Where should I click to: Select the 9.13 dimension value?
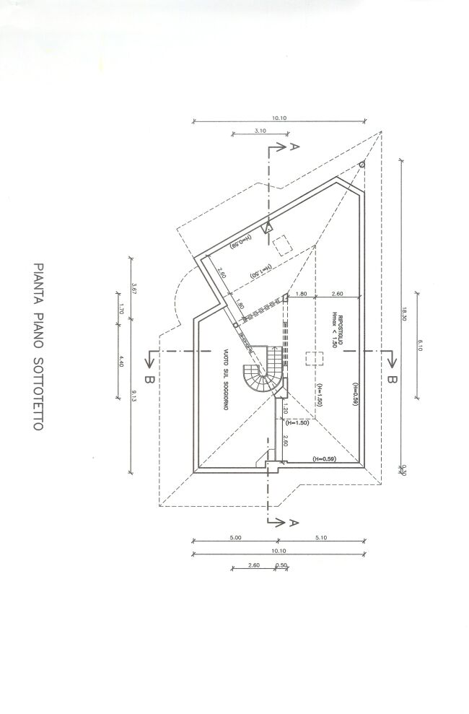[134, 394]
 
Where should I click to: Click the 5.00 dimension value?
[235, 538]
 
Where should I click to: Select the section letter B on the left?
[149, 378]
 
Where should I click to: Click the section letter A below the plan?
[292, 521]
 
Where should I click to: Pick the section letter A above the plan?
[292, 149]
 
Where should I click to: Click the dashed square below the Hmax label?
[312, 359]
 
